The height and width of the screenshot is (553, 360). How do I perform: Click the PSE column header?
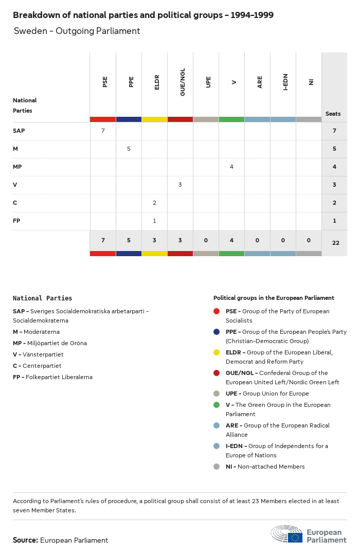point(105,82)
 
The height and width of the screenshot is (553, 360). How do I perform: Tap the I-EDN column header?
point(285,82)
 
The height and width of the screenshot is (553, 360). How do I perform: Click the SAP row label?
point(19,131)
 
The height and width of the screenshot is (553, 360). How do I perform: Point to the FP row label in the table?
point(16,221)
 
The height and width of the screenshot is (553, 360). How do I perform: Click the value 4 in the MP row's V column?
point(231,167)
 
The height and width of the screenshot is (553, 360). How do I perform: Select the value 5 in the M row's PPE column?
point(129,149)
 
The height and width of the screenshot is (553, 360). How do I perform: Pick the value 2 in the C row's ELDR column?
point(154,203)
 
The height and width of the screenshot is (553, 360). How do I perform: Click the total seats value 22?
point(335,243)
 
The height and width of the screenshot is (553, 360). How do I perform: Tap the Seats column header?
point(333,114)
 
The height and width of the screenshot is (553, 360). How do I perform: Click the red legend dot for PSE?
point(217,311)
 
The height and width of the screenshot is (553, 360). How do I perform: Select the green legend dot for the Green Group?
point(217,405)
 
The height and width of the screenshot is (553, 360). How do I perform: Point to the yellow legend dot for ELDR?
point(217,352)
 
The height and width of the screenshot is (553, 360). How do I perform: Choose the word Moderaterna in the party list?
point(42,332)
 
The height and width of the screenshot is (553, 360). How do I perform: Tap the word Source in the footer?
point(25,540)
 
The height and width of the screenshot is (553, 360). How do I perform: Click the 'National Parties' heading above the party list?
point(42,298)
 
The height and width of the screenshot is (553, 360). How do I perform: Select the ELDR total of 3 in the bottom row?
point(154,240)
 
